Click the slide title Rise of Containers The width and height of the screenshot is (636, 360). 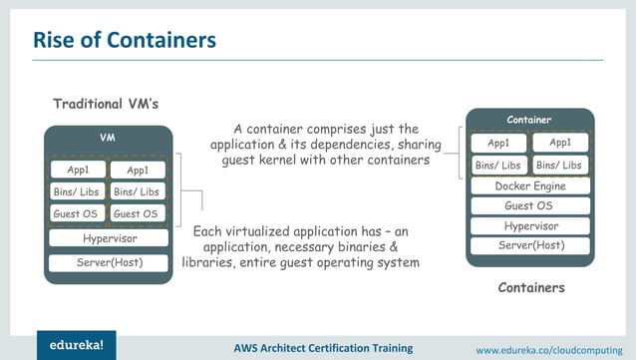125,41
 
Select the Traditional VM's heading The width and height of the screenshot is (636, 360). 106,104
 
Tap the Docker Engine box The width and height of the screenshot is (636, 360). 529,185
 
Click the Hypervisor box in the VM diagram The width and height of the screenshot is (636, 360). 109,238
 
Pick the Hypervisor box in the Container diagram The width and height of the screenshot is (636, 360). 529,225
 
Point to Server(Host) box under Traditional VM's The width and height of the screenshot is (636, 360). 109,262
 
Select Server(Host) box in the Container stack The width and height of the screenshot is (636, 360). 529,245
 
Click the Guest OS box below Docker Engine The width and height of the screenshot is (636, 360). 529,205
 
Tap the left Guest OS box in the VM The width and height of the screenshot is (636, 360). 77,213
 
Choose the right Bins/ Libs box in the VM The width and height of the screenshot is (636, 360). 137,191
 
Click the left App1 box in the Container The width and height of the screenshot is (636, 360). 499,143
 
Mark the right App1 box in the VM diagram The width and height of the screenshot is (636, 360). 137,171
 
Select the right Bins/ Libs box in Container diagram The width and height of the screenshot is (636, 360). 560,165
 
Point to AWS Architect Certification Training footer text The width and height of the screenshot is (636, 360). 323,348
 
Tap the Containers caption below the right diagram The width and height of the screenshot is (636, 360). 530,288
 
